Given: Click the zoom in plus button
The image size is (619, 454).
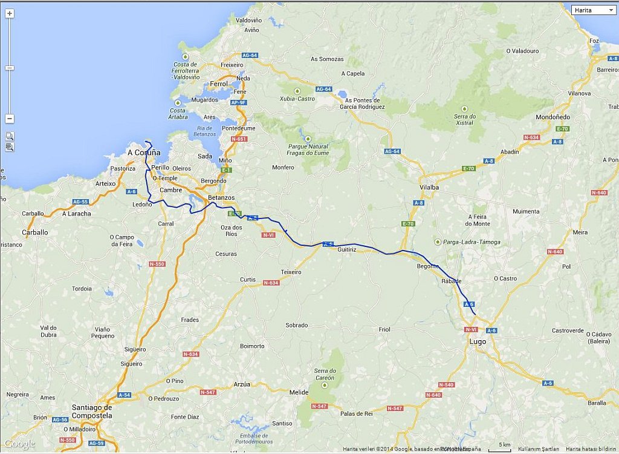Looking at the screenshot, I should (x=10, y=13).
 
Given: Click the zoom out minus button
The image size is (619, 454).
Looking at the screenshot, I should (x=10, y=119).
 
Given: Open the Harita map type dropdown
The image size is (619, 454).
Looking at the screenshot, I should (x=594, y=10).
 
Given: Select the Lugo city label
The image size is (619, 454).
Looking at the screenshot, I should (x=478, y=341).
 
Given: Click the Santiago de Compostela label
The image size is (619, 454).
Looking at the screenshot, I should (x=92, y=412).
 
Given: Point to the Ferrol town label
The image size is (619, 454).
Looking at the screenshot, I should (x=219, y=84).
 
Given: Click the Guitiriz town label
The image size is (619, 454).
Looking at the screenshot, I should (x=348, y=249).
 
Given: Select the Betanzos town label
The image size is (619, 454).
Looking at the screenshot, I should (x=221, y=198).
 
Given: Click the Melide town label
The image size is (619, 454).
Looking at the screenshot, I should (x=299, y=392).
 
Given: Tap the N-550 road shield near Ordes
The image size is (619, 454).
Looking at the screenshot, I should (x=157, y=264).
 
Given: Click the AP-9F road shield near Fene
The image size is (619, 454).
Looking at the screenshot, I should (x=239, y=103).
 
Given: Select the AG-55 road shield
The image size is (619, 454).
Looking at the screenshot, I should (x=80, y=202).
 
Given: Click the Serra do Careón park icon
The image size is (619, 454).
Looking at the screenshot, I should (x=325, y=385).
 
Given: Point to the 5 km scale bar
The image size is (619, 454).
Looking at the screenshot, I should (x=504, y=449).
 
